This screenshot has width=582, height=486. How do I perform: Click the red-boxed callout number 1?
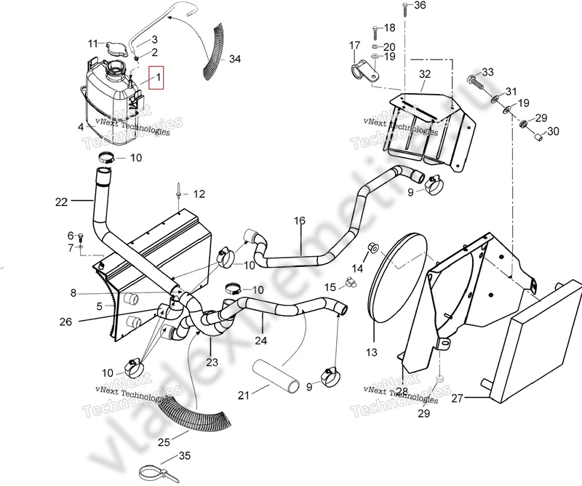click(x=157, y=76)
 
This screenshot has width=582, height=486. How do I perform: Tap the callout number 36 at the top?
click(x=420, y=6)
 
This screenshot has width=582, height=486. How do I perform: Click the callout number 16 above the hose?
click(x=300, y=220)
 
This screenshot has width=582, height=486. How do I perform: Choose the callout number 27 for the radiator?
click(x=456, y=398)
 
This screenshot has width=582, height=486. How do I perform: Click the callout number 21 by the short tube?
click(x=244, y=395)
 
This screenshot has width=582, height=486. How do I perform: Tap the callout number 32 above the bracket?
click(x=425, y=73)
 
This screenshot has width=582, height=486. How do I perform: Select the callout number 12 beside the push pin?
click(x=199, y=194)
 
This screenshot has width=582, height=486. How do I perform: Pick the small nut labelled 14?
click(x=372, y=247)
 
